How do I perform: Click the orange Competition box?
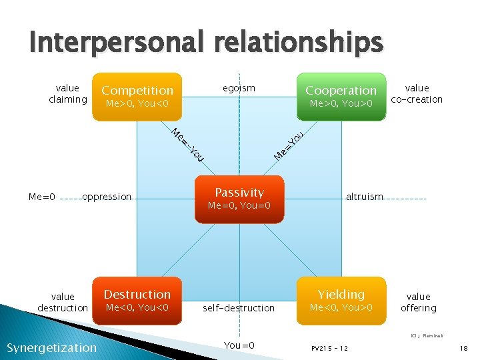(x=137, y=97)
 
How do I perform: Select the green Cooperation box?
(x=341, y=97)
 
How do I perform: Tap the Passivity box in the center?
(x=239, y=198)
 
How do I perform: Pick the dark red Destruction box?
(x=137, y=300)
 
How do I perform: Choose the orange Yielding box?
(x=341, y=300)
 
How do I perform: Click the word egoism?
(x=239, y=88)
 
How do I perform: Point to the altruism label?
(x=365, y=197)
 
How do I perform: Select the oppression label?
(x=107, y=197)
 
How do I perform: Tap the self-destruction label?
(x=239, y=308)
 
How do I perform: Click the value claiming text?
(x=67, y=93)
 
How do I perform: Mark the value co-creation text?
(x=417, y=93)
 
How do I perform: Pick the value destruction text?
(x=63, y=302)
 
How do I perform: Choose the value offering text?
(x=418, y=302)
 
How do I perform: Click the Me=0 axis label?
(x=42, y=197)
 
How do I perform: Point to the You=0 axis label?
(x=239, y=345)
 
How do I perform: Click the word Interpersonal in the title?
(x=119, y=43)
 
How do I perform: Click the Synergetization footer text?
(x=51, y=347)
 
